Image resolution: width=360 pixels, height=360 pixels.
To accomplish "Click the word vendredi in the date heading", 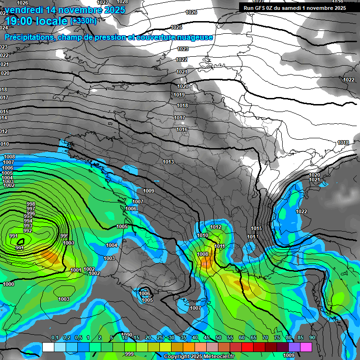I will (x=24, y=9).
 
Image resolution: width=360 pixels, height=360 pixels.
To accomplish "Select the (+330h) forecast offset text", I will (x=83, y=21).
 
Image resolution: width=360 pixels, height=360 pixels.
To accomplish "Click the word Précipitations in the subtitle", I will (x=29, y=37).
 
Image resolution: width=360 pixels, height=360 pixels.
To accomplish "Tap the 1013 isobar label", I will (x=168, y=162).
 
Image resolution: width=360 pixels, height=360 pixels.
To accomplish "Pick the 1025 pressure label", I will (x=177, y=28).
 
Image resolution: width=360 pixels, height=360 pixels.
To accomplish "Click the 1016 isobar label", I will (x=182, y=130).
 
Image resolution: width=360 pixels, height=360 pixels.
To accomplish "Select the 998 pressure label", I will (x=31, y=204).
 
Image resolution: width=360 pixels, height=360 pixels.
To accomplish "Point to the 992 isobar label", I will (x=28, y=231).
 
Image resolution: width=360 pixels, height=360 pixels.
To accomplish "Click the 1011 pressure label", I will (x=219, y=246).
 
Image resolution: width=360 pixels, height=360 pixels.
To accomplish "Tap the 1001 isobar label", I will (x=75, y=270).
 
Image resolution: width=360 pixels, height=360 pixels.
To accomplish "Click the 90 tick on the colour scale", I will (x=312, y=337).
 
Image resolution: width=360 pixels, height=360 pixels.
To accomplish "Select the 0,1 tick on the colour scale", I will (x=55, y=337).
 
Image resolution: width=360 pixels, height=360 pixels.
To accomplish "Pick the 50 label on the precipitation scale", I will (x=218, y=337).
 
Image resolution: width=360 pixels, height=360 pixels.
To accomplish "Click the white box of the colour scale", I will (x=48, y=347).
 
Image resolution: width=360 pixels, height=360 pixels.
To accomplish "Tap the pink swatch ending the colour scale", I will (x=306, y=347).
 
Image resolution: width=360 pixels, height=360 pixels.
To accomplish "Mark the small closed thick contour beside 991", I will (x=22, y=240).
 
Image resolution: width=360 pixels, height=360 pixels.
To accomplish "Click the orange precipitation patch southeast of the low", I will (x=51, y=257).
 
